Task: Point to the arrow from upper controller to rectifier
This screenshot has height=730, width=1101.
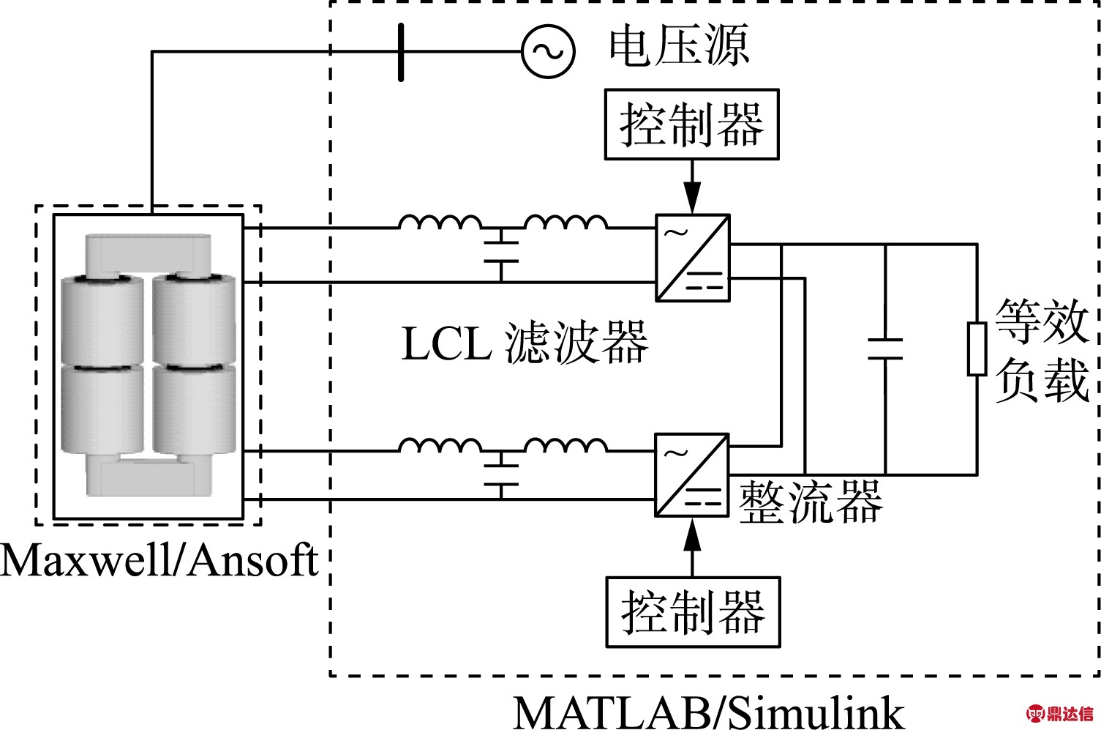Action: [692, 187]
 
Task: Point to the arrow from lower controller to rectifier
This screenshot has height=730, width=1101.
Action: [693, 547]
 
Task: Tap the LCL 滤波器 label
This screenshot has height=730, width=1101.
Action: [525, 343]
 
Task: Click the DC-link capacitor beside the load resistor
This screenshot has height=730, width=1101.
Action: [885, 349]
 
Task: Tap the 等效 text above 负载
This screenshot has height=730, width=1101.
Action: [1042, 321]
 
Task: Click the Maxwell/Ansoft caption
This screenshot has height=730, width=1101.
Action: [159, 560]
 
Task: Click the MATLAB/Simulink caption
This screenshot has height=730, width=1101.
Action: [709, 712]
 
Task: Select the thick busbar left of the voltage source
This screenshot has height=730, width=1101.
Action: [401, 52]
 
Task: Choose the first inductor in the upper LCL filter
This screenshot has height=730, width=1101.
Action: [440, 223]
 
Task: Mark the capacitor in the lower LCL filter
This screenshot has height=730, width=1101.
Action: [501, 474]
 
